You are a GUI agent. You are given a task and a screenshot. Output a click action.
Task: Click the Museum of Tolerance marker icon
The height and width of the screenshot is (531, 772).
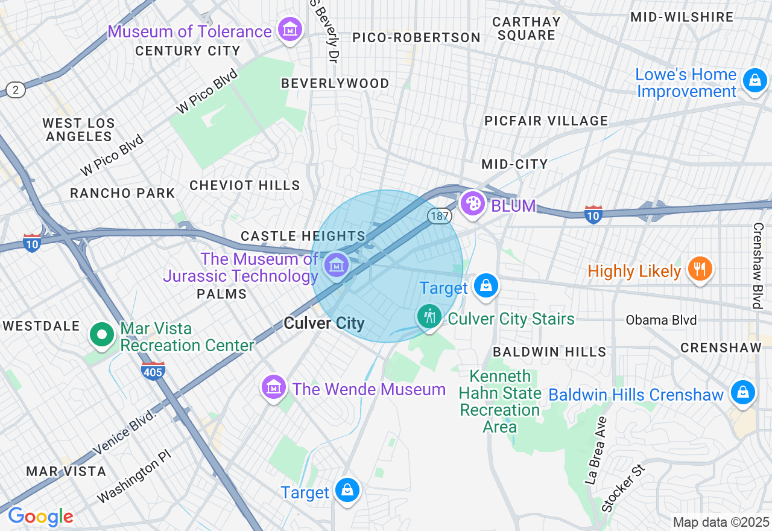tap(289, 29)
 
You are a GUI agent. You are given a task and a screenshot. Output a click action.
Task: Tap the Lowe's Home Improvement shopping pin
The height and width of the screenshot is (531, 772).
tap(755, 80)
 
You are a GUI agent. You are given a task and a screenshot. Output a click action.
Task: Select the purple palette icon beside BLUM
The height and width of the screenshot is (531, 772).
tap(473, 203)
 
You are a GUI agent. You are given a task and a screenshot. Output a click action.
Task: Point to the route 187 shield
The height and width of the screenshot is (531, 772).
tap(440, 216)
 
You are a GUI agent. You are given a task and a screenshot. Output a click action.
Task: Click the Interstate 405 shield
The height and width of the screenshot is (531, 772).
tap(153, 372)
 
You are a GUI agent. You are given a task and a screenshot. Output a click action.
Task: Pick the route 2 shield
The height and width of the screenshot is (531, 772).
tap(16, 90)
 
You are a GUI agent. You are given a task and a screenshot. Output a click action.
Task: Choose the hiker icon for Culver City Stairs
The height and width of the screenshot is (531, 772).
tap(429, 316)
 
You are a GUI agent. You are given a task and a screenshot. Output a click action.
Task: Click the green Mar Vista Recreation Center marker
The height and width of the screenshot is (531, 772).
tap(103, 334)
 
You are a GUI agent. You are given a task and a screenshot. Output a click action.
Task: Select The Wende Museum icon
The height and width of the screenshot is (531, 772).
tap(274, 387)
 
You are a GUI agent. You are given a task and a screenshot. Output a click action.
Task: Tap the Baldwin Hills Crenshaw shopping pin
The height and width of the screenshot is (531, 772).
tap(742, 393)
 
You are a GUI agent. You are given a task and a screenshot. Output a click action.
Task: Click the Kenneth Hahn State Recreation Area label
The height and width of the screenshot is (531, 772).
tap(499, 401)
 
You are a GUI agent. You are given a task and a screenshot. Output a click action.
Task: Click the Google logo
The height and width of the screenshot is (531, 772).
tap(40, 517)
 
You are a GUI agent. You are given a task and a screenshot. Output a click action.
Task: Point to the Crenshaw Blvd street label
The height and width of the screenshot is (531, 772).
tap(758, 265)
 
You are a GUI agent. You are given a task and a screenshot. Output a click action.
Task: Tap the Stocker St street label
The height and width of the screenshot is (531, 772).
tap(623, 488)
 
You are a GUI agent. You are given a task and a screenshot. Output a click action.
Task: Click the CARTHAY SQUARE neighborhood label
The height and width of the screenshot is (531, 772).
tap(527, 28)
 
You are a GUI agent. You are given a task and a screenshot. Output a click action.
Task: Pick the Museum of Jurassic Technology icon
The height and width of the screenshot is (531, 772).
tap(336, 265)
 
